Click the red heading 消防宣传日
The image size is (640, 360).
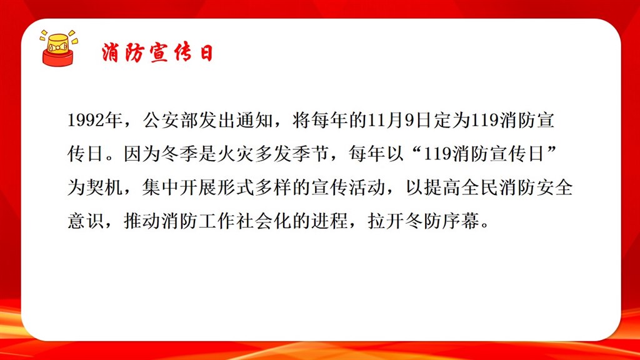click(x=157, y=52)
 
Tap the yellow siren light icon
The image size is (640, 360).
click(x=59, y=47)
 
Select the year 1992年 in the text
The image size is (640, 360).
click(x=95, y=121)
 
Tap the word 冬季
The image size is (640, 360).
click(x=179, y=154)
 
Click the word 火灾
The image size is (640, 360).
click(x=236, y=154)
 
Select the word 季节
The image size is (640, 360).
click(x=311, y=154)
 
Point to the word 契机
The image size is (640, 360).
click(x=104, y=187)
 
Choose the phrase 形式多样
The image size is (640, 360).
click(x=255, y=187)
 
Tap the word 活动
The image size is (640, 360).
click(x=367, y=187)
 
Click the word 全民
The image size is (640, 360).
click(x=480, y=187)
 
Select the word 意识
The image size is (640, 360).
click(x=86, y=221)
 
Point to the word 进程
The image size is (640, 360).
click(x=330, y=221)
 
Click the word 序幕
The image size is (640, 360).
click(x=461, y=221)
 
